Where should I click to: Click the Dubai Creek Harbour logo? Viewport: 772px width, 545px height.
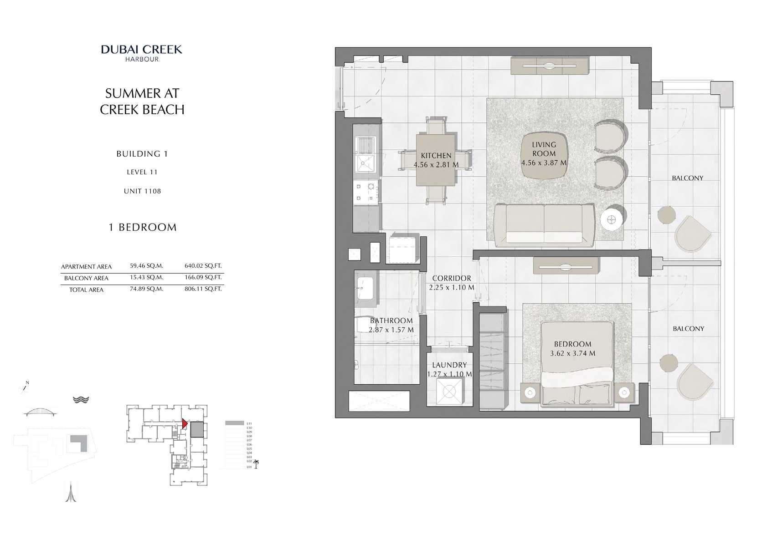142,53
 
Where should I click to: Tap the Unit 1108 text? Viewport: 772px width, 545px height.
142,191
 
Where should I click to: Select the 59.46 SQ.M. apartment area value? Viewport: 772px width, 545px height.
146,266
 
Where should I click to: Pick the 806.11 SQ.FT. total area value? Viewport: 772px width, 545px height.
203,289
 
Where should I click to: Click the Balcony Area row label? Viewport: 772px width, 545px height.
86,278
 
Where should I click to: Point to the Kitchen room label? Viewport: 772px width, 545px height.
436,155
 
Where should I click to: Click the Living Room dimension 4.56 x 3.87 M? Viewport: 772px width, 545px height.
544,163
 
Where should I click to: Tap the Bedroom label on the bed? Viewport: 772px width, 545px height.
572,344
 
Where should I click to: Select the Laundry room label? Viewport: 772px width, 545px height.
449,365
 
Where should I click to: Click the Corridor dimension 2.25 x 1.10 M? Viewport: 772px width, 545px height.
451,287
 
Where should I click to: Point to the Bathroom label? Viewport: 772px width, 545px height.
391,321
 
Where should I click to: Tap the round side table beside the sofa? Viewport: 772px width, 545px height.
612,220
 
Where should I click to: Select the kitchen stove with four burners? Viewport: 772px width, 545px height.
365,192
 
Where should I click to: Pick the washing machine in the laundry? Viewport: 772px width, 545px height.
449,391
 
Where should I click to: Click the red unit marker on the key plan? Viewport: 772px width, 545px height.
184,423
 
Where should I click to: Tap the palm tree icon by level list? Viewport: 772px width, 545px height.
256,464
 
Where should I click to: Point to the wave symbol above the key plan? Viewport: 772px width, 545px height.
81,399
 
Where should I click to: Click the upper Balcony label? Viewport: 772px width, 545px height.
687,178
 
